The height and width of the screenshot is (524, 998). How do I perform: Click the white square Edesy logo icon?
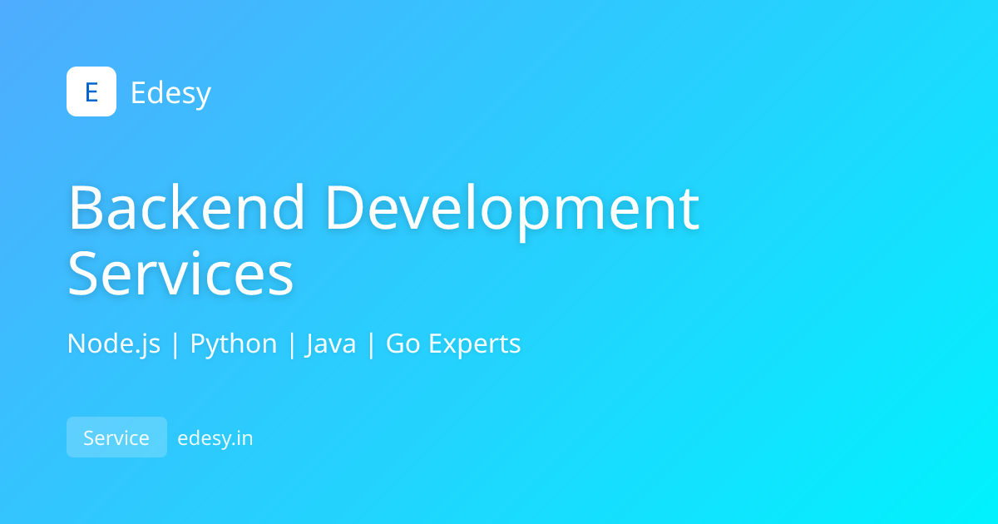pos(91,91)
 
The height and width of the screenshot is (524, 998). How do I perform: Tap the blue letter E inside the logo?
pos(91,92)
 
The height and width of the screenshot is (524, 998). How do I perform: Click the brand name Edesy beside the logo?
pos(170,93)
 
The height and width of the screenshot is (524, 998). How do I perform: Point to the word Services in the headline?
pos(180,274)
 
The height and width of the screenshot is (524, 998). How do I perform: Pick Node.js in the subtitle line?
pos(114,344)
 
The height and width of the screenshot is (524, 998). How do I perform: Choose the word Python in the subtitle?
pos(234,344)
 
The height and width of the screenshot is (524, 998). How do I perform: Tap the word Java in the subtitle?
pos(331,344)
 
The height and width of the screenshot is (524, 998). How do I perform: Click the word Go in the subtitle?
pos(403,344)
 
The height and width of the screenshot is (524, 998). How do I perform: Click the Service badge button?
pos(116,437)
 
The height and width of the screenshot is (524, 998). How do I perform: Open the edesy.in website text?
pos(215,437)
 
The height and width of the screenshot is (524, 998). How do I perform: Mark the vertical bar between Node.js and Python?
pos(175,344)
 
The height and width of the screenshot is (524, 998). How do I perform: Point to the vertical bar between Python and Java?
pos(292,344)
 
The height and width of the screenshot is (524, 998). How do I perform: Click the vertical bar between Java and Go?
pos(371,344)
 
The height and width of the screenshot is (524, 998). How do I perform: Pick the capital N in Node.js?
pos(76,344)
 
